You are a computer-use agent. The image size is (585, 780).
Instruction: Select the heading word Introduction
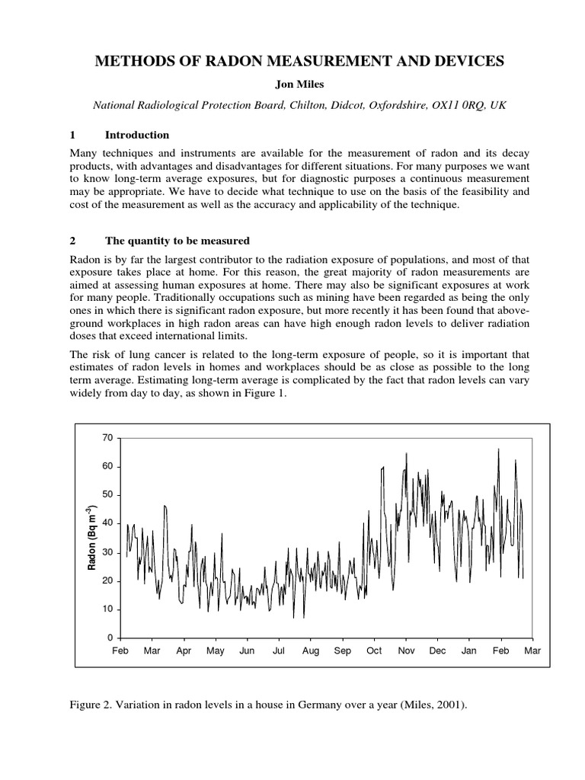click(x=137, y=135)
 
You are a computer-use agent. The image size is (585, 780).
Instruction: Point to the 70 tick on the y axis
click(x=107, y=438)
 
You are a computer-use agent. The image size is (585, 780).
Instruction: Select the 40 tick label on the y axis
click(x=107, y=523)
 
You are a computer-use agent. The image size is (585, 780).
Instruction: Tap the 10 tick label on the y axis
click(x=107, y=609)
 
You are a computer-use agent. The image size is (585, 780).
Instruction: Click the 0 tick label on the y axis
click(x=110, y=638)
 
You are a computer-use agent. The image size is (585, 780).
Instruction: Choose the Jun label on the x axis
click(x=247, y=651)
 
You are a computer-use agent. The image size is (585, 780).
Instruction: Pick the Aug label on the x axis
click(x=311, y=651)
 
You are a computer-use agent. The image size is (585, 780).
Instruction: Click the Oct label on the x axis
click(x=374, y=651)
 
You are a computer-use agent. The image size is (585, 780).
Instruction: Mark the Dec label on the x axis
click(x=437, y=651)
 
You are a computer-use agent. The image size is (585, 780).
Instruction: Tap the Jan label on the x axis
click(x=469, y=651)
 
